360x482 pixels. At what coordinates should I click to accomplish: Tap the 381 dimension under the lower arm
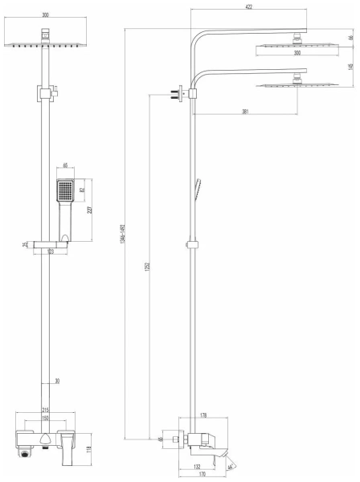pyautogui.click(x=245, y=112)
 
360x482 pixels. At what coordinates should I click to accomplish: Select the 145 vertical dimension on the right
pyautogui.click(x=351, y=67)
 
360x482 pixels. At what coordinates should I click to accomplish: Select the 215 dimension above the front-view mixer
pyautogui.click(x=45, y=411)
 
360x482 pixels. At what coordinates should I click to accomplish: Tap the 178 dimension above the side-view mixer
pyautogui.click(x=203, y=416)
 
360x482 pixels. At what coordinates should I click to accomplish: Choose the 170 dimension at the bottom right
pyautogui.click(x=204, y=475)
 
